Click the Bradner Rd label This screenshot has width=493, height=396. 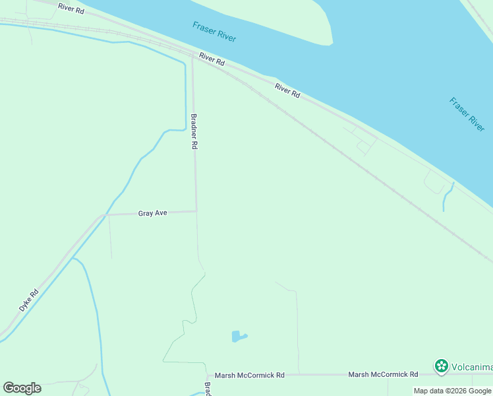click(x=194, y=131)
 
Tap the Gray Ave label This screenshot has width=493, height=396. click(x=153, y=213)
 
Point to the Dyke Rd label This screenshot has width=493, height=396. click(x=30, y=300)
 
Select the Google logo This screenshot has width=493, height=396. click(x=22, y=388)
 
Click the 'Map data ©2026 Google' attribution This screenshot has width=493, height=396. click(x=452, y=391)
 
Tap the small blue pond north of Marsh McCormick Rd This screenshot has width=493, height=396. click(x=238, y=337)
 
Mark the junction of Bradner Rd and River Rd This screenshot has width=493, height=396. click(x=192, y=56)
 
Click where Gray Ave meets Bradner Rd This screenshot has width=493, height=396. click(x=196, y=211)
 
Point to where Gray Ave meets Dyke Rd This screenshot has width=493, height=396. click(x=103, y=214)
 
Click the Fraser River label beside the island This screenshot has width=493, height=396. click(x=214, y=32)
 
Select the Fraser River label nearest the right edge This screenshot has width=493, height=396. click(x=467, y=114)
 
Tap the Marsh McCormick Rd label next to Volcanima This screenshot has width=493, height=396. click(x=383, y=374)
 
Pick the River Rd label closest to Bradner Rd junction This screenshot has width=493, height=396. click(x=212, y=59)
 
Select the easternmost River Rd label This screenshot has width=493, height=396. click(x=287, y=91)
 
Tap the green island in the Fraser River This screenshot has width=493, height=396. click(x=277, y=20)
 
